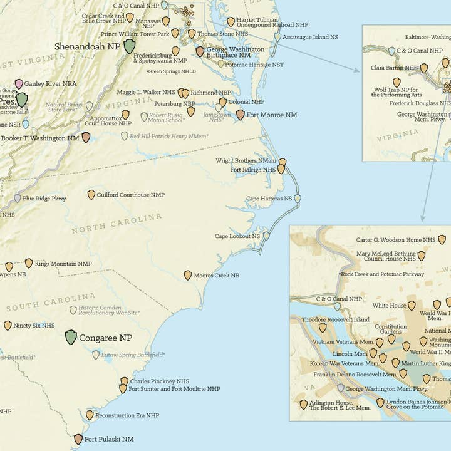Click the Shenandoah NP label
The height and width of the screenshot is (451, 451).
coord(86,46)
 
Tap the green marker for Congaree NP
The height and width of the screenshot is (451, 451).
coord(71,338)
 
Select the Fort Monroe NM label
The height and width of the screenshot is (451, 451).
coord(271,115)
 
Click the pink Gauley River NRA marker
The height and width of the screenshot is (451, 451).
coord(19,83)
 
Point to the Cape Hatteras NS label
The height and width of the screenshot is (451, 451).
coord(269,199)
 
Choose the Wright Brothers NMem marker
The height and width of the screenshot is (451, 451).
coord(283,162)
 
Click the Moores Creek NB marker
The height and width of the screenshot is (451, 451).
coord(188,275)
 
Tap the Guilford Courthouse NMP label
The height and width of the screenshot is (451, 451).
coord(130,195)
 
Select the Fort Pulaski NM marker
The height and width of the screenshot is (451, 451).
coord(78,439)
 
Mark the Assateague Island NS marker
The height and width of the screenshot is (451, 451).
coord(277,37)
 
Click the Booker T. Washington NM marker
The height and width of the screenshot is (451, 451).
coord(86,137)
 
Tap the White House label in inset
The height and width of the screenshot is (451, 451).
coord(390,306)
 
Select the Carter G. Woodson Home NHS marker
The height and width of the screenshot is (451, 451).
coord(442,239)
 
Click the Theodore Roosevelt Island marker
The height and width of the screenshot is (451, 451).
coord(323,327)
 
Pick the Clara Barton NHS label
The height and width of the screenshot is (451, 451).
coord(394,68)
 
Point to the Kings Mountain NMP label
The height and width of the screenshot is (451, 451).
coord(63,264)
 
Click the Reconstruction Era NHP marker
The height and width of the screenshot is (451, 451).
coord(90,415)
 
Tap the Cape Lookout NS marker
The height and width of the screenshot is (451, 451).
coord(266,236)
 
